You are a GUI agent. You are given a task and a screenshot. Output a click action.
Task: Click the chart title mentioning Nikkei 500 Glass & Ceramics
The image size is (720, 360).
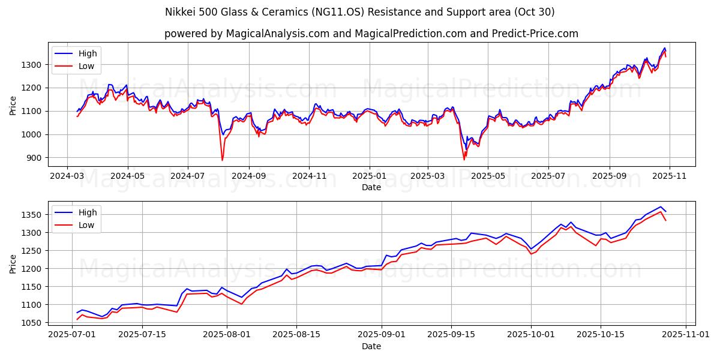click(x=359, y=12)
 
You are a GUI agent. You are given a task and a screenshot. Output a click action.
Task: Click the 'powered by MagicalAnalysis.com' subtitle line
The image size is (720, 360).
click(x=371, y=34)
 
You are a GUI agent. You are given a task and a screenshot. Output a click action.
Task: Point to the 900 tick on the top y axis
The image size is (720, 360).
click(x=35, y=158)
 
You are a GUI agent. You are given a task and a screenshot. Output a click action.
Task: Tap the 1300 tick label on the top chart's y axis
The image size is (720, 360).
click(x=33, y=65)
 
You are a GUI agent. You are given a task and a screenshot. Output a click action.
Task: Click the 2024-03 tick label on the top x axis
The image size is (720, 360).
click(x=67, y=176)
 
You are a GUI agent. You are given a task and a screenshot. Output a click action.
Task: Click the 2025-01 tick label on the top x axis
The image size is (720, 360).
click(x=369, y=176)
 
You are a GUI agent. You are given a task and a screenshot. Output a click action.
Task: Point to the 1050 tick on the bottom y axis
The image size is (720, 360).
click(x=33, y=323)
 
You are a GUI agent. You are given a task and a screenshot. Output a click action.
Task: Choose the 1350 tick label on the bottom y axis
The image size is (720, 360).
click(x=33, y=215)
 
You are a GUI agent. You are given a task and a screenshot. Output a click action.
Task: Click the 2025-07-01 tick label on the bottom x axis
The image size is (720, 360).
click(x=72, y=335)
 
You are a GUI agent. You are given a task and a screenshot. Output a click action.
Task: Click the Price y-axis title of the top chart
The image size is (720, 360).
click(x=13, y=104)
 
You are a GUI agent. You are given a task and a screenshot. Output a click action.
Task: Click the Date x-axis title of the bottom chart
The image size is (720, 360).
click(x=371, y=346)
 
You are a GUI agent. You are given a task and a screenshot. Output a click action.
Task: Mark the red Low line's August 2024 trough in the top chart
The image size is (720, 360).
click(x=222, y=160)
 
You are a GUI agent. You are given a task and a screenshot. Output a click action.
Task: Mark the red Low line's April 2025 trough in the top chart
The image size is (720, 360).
click(x=464, y=160)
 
